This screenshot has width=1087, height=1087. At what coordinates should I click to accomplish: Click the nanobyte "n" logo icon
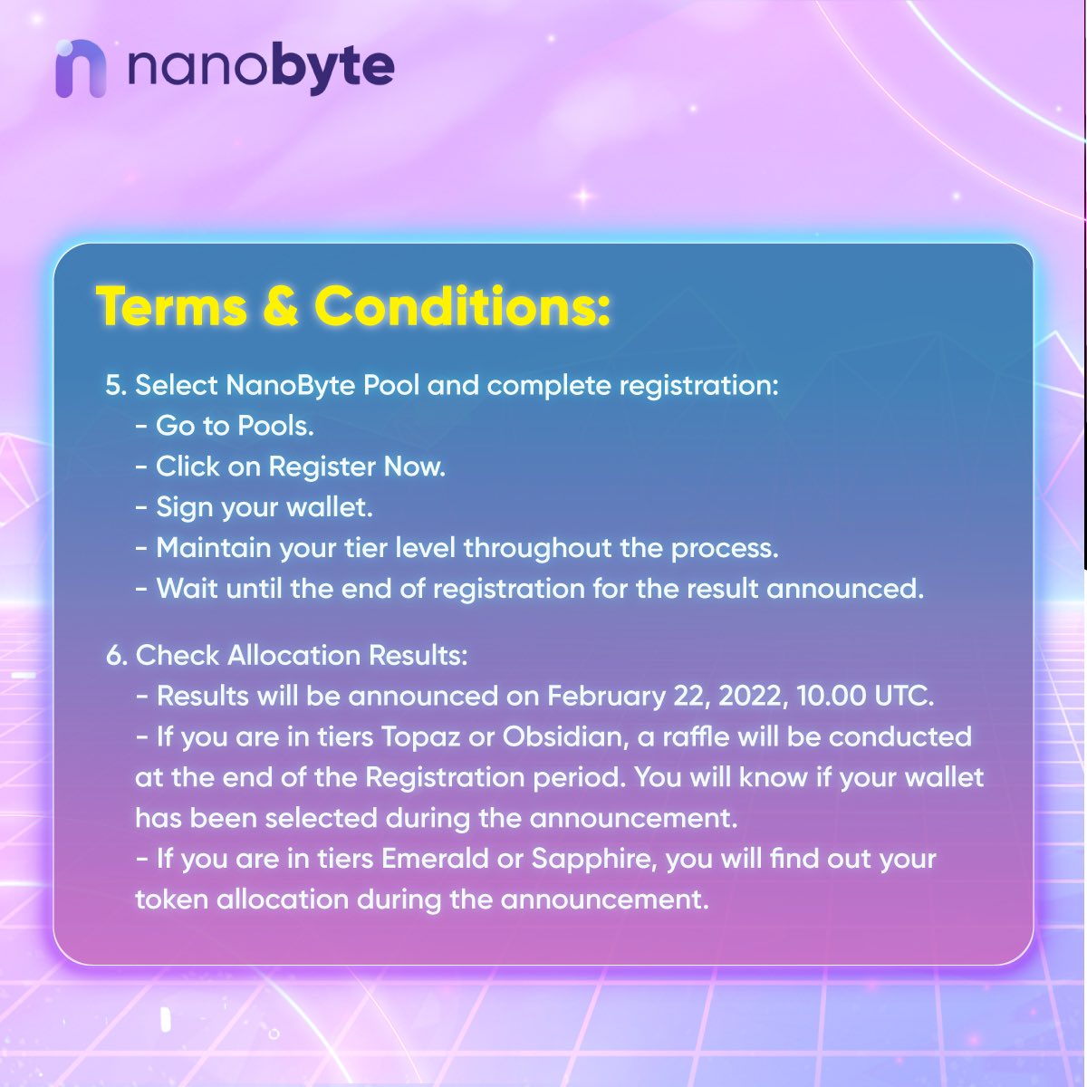pos(81,69)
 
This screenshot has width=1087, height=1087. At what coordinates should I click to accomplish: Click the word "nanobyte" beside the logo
pos(261,67)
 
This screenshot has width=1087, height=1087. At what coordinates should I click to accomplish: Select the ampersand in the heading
pos(281,306)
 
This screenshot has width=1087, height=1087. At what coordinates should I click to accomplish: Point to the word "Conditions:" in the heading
pos(462,306)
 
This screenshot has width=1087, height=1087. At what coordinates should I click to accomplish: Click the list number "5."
pos(116,386)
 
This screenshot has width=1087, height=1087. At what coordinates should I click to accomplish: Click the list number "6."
pos(116,655)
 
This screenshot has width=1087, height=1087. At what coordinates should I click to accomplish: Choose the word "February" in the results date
pos(605,697)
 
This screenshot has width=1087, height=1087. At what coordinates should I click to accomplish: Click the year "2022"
pos(751,697)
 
